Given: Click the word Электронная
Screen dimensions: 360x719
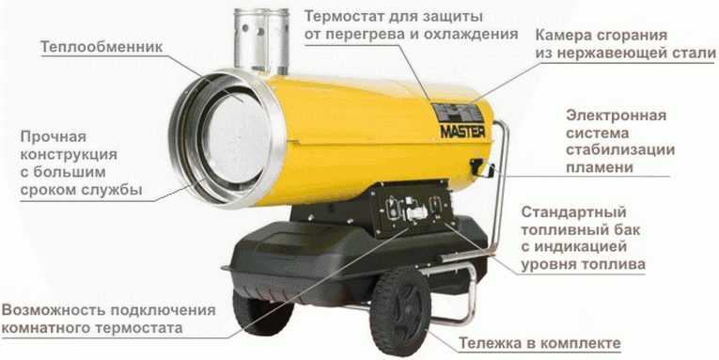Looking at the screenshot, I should click(x=616, y=116).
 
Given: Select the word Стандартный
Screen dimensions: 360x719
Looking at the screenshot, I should click(x=573, y=211).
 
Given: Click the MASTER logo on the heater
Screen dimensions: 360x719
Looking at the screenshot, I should click(x=461, y=133).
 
